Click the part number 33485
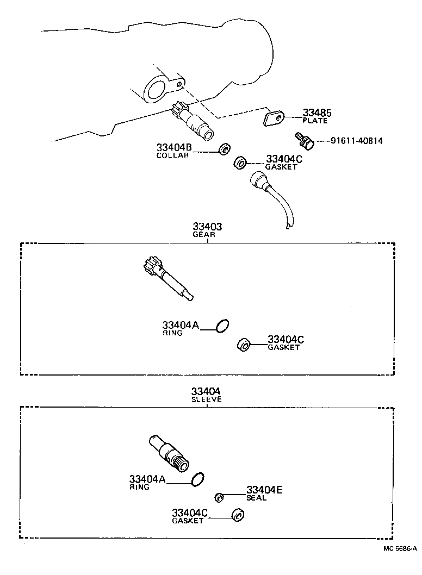316,112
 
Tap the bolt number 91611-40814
356,141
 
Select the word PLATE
315,121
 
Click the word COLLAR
172,155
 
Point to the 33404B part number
174,147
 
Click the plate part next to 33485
274,119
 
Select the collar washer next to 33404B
224,149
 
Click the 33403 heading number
207,227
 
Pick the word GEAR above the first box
204,235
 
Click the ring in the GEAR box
222,326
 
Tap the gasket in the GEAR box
243,345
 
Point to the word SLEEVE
207,399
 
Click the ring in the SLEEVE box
197,479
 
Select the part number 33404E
264,490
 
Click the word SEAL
256,498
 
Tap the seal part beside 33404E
219,498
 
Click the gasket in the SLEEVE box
238,515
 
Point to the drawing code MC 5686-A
400,548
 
